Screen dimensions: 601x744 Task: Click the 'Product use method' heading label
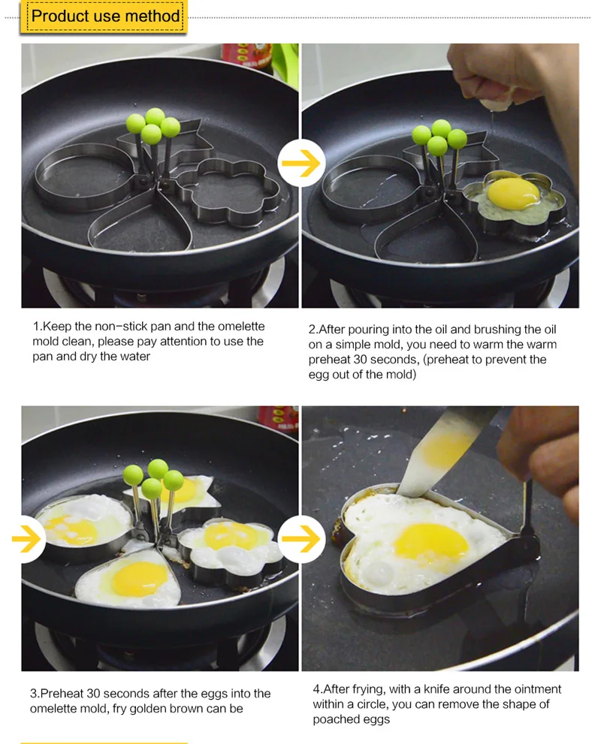click(105, 16)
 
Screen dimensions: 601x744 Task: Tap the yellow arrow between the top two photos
click(301, 163)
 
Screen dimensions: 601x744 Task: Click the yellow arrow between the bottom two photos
click(301, 538)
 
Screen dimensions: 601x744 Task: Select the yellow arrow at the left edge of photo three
click(27, 538)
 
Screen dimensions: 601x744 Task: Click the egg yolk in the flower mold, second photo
click(513, 193)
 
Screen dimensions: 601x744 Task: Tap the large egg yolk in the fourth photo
click(431, 542)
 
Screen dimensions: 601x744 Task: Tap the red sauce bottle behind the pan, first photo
click(248, 56)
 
